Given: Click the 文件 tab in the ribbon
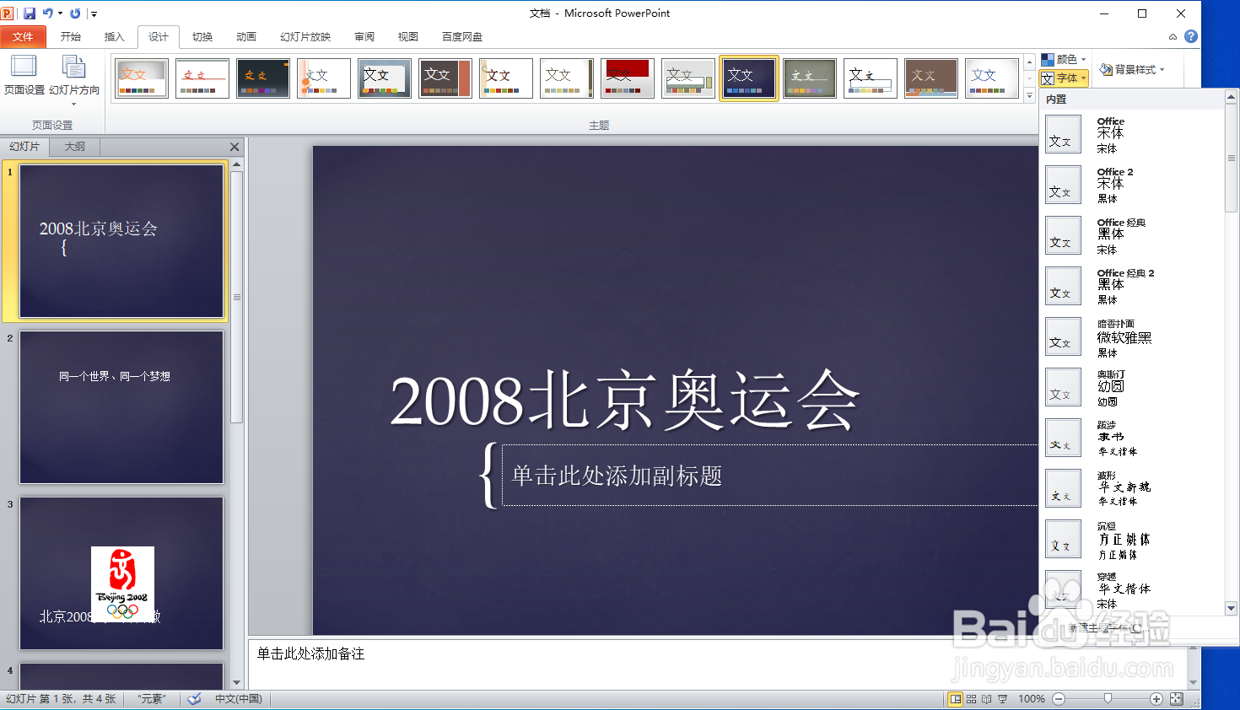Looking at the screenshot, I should (x=23, y=36).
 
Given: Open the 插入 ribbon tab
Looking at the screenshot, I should (x=114, y=36).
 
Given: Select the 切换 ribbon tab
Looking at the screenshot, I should (x=202, y=36).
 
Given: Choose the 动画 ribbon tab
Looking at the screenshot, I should (x=246, y=36).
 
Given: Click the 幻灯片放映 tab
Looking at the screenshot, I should (x=305, y=36).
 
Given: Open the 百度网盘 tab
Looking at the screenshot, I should (x=462, y=36).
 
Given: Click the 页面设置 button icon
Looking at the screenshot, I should (x=24, y=67).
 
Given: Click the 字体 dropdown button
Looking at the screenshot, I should (x=1065, y=78).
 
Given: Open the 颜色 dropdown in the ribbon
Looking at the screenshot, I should (x=1065, y=59).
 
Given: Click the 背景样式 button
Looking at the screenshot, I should (x=1133, y=69).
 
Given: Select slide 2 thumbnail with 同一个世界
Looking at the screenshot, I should (x=121, y=406).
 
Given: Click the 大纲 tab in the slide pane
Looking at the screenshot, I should (x=75, y=147).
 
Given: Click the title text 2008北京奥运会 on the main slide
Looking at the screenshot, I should (x=624, y=400).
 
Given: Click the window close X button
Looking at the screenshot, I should (x=1181, y=13).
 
